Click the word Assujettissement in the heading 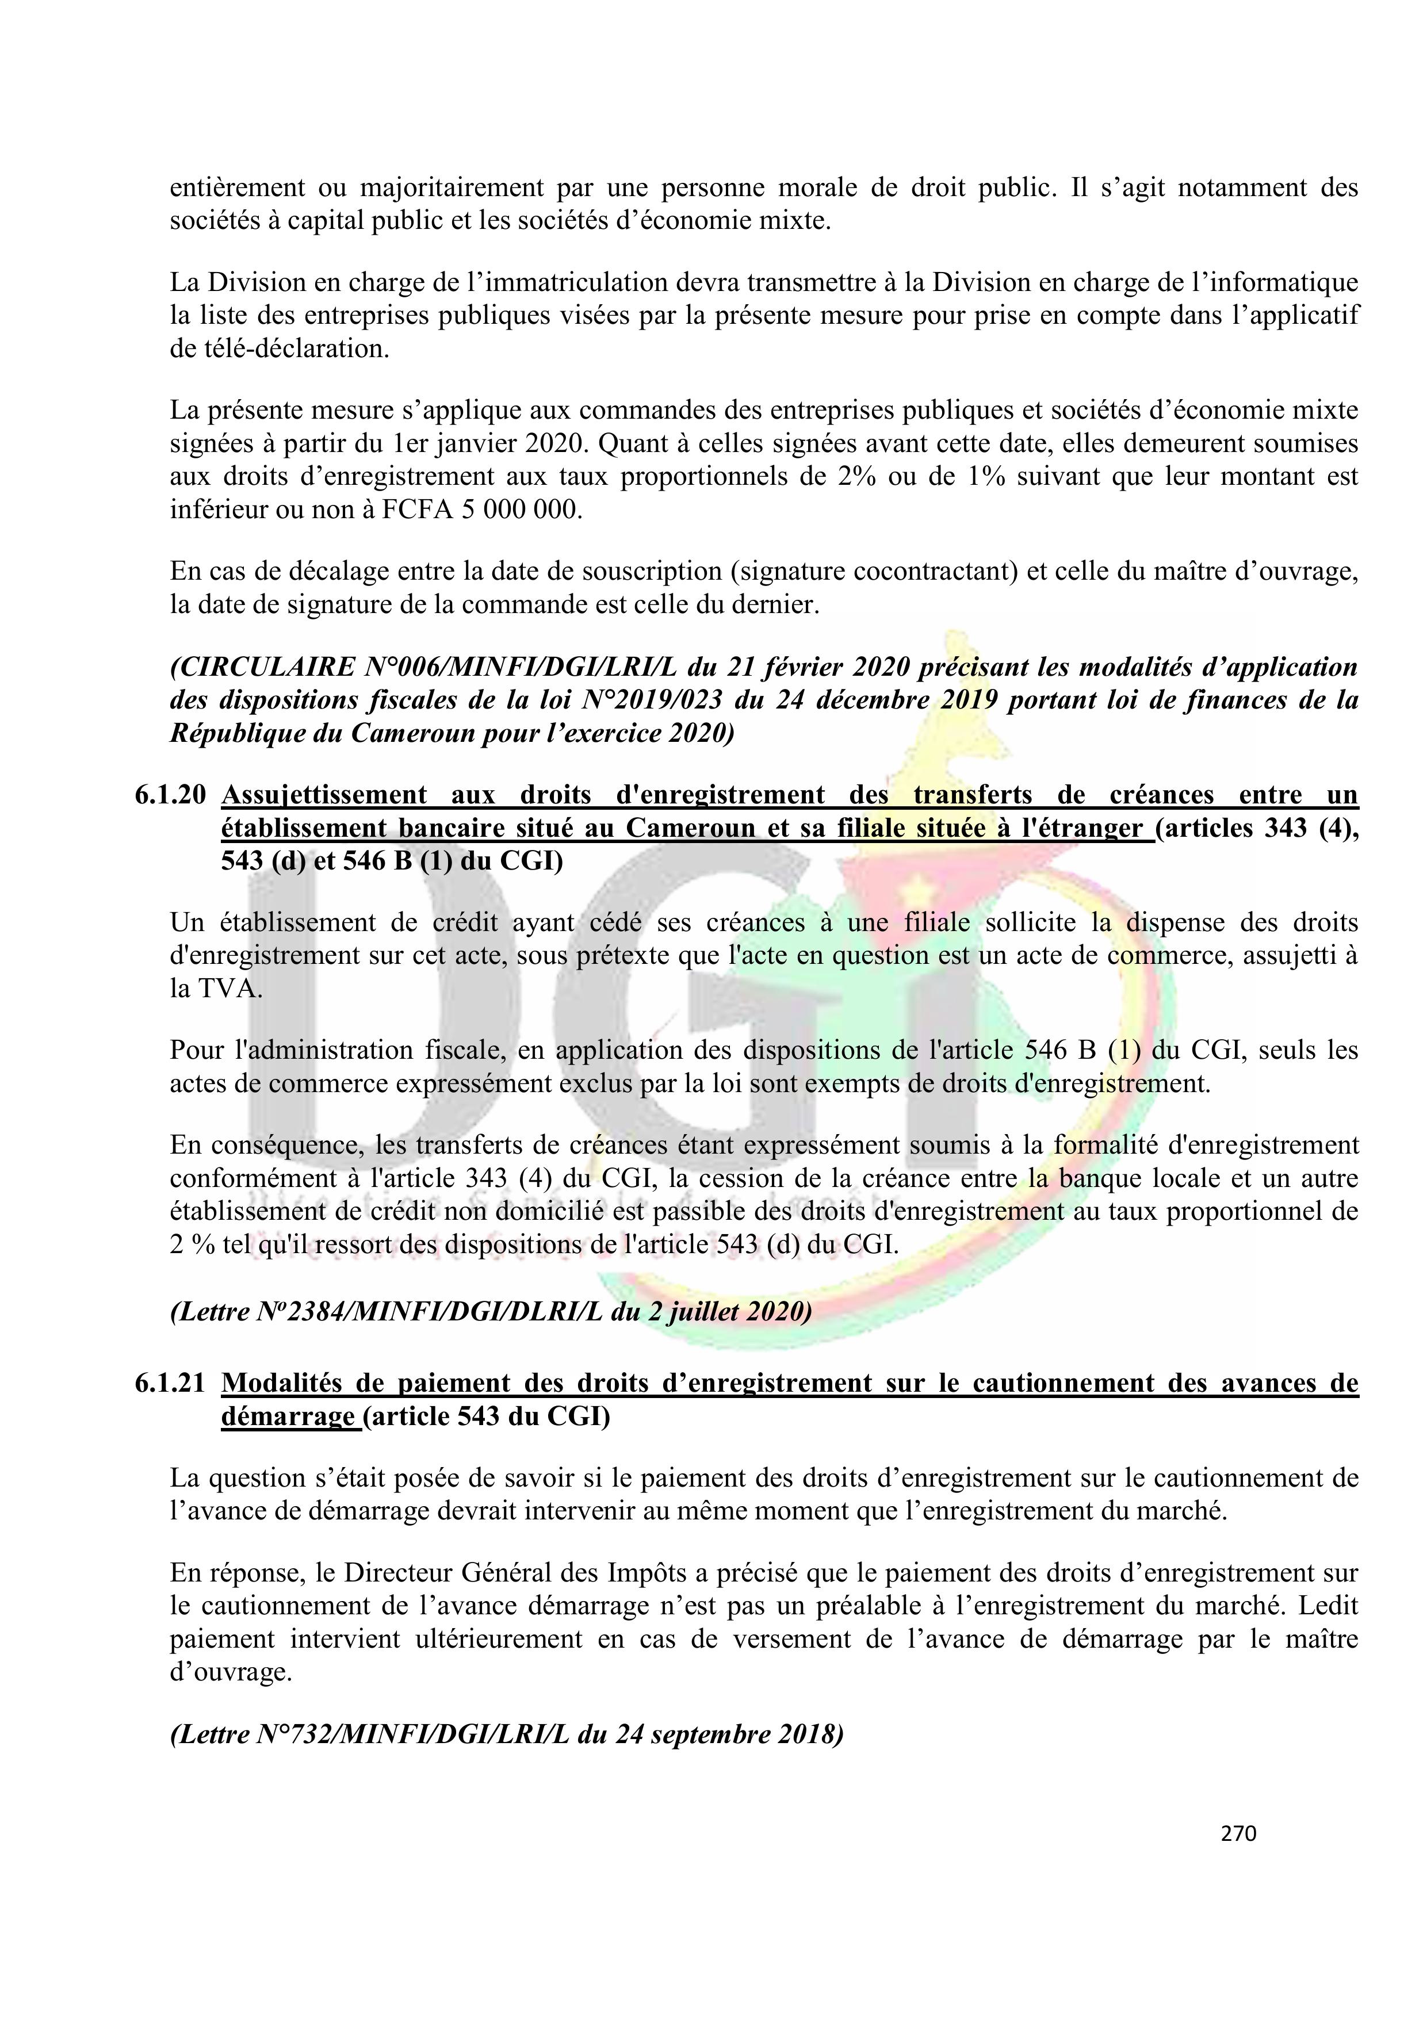click(x=324, y=795)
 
